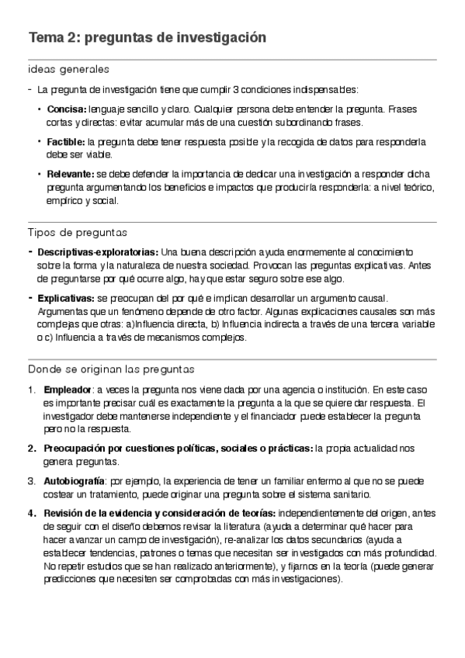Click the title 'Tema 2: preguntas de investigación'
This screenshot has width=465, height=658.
[147, 38]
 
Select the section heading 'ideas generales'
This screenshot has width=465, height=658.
[68, 70]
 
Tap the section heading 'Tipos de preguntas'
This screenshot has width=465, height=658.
[77, 233]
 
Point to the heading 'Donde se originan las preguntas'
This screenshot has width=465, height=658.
[110, 369]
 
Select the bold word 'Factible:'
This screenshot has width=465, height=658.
[66, 143]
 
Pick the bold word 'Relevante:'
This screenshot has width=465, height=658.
[71, 175]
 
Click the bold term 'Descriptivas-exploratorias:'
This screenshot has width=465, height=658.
[97, 252]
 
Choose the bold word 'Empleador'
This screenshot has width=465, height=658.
[67, 389]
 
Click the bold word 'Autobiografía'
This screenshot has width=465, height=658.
[74, 481]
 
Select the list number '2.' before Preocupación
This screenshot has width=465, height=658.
[31, 448]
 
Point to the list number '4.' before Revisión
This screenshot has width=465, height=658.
[31, 513]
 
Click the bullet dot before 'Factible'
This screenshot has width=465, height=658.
[40, 142]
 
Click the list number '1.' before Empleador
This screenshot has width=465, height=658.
[31, 389]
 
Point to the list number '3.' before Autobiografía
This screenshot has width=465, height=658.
[31, 481]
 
